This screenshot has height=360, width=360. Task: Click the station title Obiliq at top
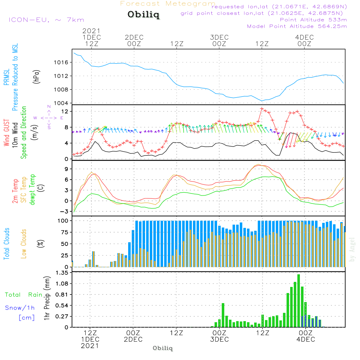click(x=143, y=15)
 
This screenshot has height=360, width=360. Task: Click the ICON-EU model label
click(x=46, y=20)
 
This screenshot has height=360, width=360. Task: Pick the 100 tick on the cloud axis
click(x=64, y=220)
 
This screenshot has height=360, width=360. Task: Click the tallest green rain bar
click(x=298, y=301)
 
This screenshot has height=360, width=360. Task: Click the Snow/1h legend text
click(x=20, y=308)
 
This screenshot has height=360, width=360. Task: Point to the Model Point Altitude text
click(x=297, y=26)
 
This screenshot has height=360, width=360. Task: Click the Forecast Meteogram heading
click(x=168, y=4)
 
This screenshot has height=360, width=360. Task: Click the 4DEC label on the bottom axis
click(x=306, y=339)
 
